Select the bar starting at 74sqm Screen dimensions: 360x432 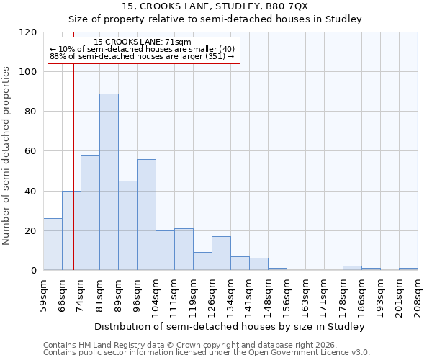(x=90, y=213)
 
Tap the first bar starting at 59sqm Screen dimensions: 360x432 (x=53, y=244)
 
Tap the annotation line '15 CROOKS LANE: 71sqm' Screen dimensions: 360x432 (x=143, y=42)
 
